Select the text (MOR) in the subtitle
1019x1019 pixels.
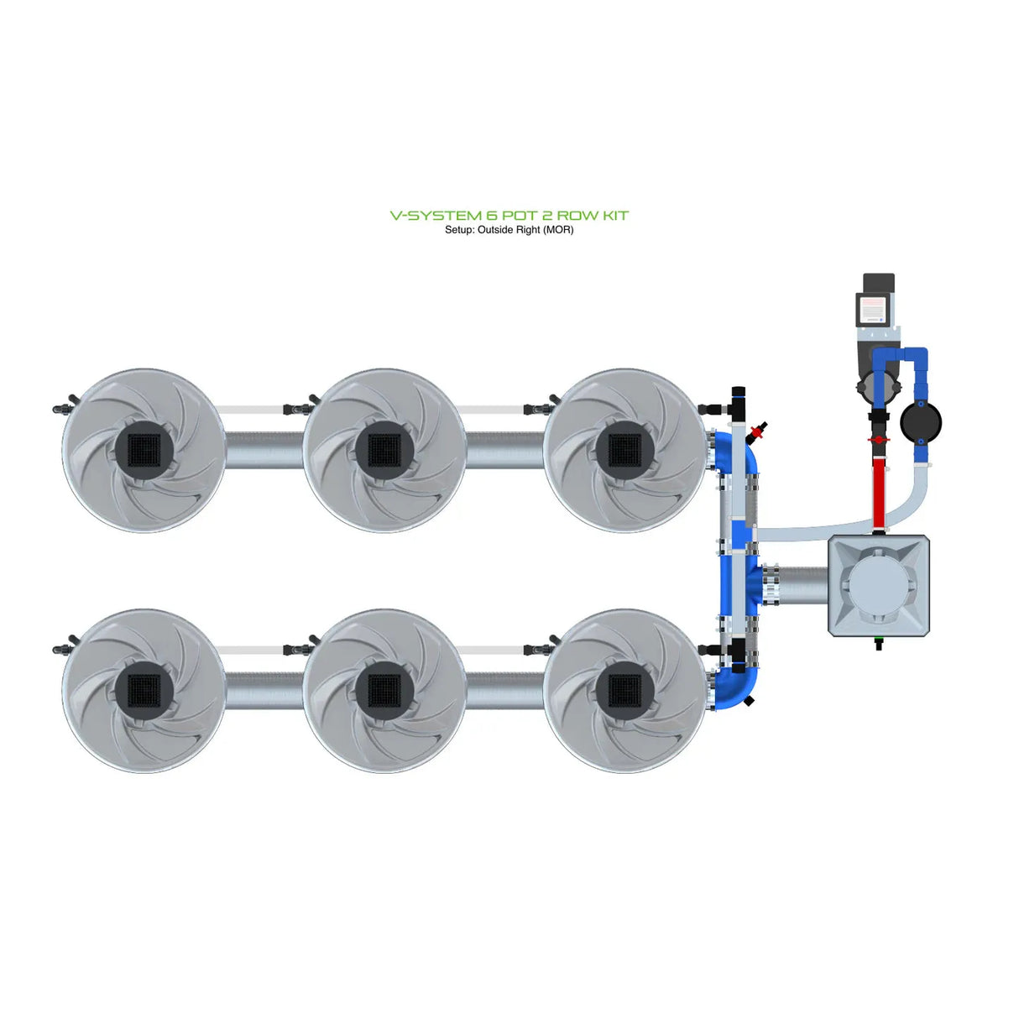[x=558, y=230]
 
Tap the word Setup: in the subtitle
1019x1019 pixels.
[x=459, y=230]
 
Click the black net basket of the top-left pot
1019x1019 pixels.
[x=144, y=450]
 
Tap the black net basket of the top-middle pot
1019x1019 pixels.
[x=384, y=450]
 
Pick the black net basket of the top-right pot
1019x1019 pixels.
[x=624, y=450]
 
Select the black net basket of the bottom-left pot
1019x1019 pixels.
[x=144, y=691]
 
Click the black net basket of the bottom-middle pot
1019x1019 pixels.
[x=384, y=691]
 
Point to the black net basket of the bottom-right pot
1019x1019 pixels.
[x=624, y=691]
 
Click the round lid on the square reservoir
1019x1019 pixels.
[x=878, y=585]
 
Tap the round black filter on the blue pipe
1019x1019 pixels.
[x=920, y=421]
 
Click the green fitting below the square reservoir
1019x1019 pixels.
[x=879, y=645]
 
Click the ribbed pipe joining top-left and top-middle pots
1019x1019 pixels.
[x=264, y=451]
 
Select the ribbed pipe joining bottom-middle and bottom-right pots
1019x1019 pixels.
[x=504, y=691]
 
